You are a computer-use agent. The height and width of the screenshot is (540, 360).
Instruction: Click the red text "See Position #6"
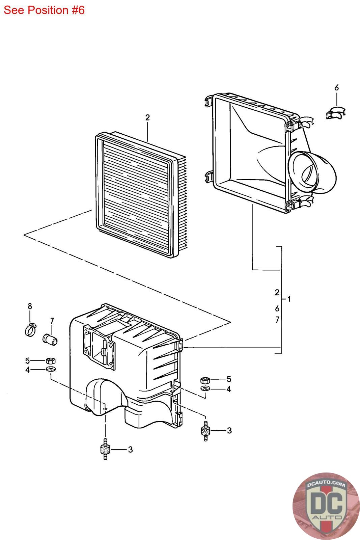44,10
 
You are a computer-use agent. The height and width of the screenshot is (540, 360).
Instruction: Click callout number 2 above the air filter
147,118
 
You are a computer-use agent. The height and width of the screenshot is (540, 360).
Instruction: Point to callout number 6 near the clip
336,88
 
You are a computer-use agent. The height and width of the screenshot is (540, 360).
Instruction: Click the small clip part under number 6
336,113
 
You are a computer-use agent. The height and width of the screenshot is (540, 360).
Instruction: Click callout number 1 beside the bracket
289,299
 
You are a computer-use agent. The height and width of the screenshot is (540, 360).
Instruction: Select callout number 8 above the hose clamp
30,306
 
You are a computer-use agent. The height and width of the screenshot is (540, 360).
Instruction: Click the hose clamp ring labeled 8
31,329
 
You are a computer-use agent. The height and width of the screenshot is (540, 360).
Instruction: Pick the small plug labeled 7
51,337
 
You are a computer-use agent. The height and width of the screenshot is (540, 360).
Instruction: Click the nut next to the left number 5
51,360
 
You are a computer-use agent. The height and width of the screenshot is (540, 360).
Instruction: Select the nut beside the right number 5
205,380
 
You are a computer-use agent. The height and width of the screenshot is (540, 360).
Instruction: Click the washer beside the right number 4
205,388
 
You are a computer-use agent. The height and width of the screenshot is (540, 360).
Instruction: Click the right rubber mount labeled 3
205,430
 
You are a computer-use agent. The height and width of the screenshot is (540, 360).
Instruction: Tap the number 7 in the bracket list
277,320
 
